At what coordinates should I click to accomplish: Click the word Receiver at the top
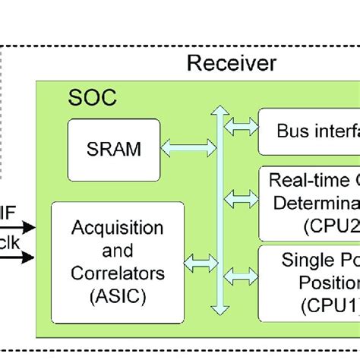(232, 63)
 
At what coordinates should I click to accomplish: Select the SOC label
(93, 99)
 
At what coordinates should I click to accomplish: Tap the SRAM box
(115, 148)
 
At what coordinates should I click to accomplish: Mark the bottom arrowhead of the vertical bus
(219, 308)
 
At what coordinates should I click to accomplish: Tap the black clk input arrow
(18, 257)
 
